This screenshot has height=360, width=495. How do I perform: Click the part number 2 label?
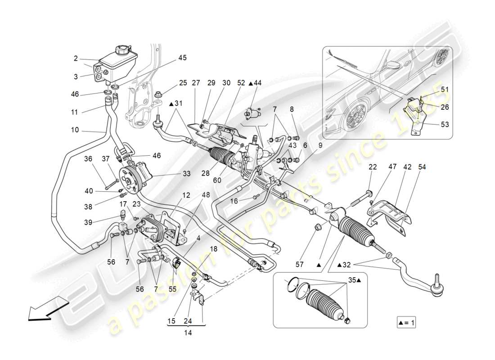click(x=76, y=58)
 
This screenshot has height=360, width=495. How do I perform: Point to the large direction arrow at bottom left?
click(x=43, y=312)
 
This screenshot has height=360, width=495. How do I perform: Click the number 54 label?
click(x=422, y=167)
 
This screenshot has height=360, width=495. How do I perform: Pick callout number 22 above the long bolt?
click(x=373, y=167)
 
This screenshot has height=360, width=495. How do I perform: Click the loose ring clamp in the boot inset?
click(x=292, y=284)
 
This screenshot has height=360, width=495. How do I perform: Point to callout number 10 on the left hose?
click(x=75, y=130)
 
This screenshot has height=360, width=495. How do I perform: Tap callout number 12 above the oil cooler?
click(x=186, y=195)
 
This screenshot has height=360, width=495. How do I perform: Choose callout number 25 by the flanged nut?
click(x=183, y=83)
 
